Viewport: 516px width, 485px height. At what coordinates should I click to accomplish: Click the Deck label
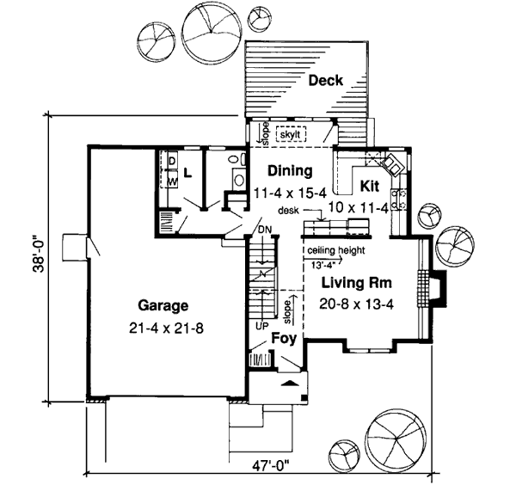(326, 81)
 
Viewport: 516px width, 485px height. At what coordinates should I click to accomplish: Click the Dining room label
(288, 169)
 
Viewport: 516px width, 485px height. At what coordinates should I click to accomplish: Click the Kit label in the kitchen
(370, 186)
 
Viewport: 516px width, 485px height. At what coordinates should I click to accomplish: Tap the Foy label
(284, 339)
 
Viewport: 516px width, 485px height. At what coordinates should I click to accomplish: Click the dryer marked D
(172, 161)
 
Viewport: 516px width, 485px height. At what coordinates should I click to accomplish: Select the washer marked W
(172, 181)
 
